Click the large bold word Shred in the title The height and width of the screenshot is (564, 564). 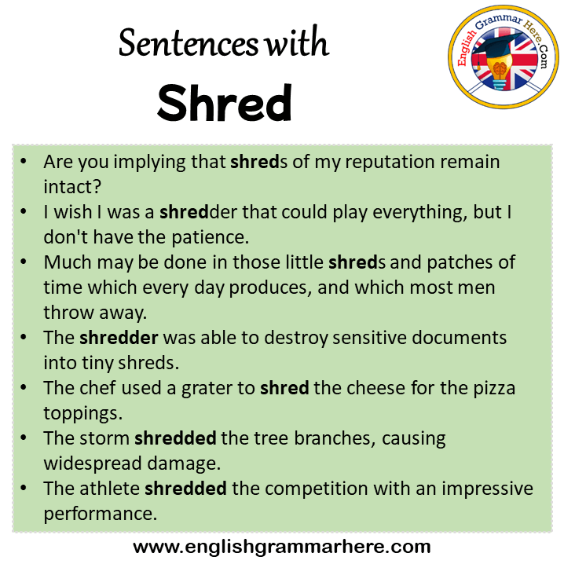(x=225, y=103)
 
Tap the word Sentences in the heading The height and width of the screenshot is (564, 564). (x=189, y=43)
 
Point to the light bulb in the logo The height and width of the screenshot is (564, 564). (x=500, y=71)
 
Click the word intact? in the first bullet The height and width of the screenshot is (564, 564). (x=72, y=187)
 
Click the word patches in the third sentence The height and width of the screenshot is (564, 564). (x=460, y=262)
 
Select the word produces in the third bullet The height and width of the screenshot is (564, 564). (x=268, y=288)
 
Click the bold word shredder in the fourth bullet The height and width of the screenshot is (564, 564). (x=119, y=338)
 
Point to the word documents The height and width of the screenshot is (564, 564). (x=459, y=338)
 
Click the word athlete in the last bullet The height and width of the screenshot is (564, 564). (x=109, y=489)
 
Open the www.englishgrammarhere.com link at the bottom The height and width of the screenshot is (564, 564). (x=282, y=547)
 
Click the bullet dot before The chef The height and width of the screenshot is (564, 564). (x=24, y=387)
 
